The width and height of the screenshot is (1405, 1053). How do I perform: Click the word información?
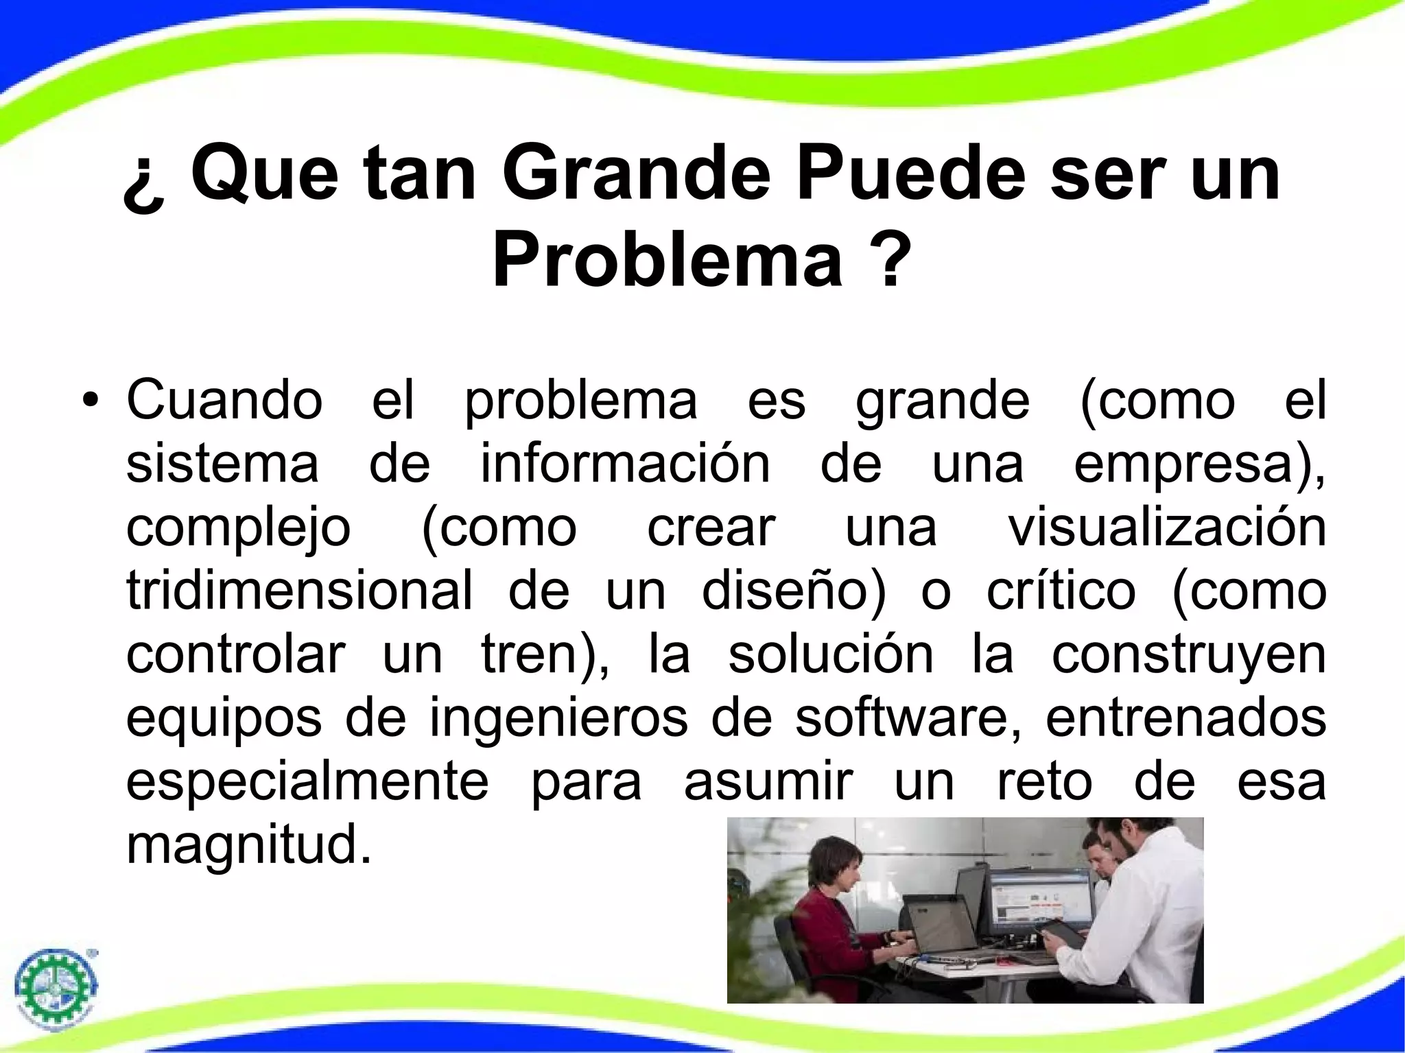coord(625,464)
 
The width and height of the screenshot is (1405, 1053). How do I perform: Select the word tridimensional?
coord(299,591)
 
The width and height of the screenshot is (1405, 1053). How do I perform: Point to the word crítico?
coord(1061,591)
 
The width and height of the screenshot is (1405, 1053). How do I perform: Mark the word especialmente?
coord(307,782)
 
